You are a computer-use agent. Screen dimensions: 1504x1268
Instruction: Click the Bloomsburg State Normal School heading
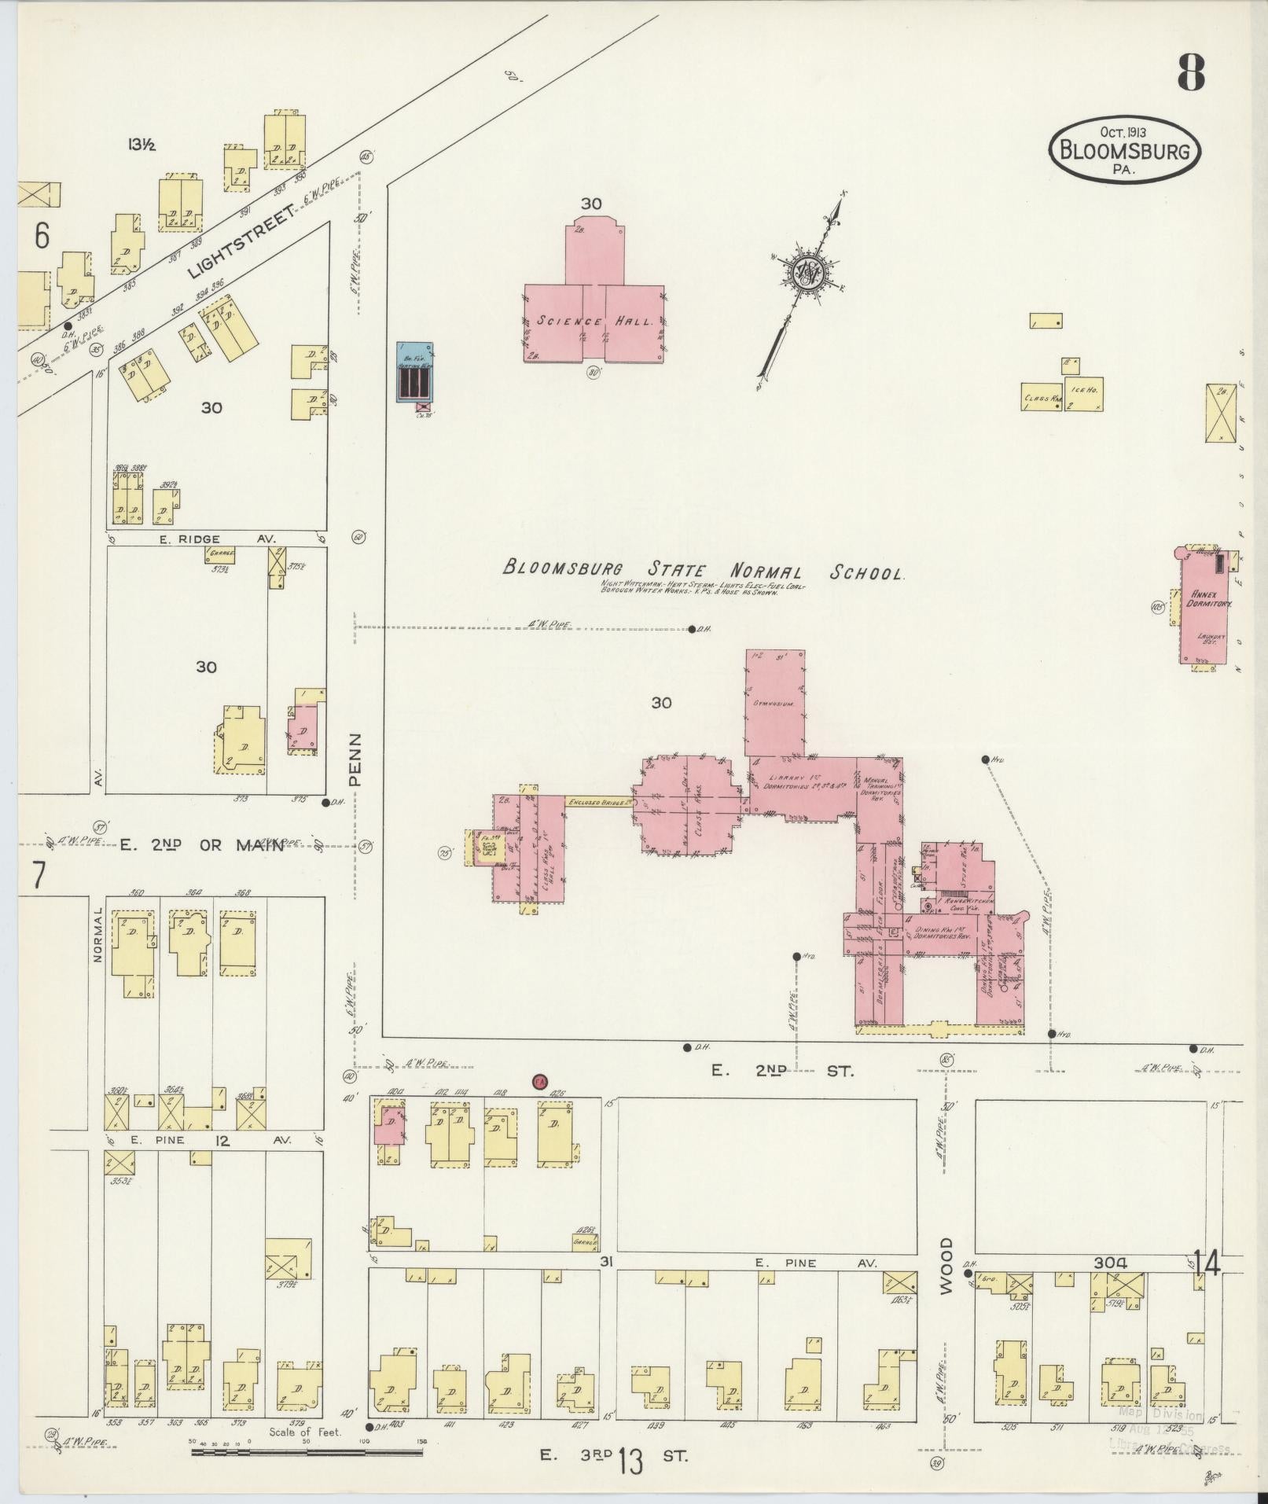tap(704, 570)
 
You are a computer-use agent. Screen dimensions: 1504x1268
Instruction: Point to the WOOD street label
tap(946, 1276)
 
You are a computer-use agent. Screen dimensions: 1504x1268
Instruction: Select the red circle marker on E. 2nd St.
tap(539, 1081)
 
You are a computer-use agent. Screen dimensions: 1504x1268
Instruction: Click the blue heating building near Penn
tap(414, 373)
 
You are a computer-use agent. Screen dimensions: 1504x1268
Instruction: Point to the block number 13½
tap(142, 144)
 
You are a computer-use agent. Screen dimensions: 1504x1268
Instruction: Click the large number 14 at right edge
tap(1207, 1263)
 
